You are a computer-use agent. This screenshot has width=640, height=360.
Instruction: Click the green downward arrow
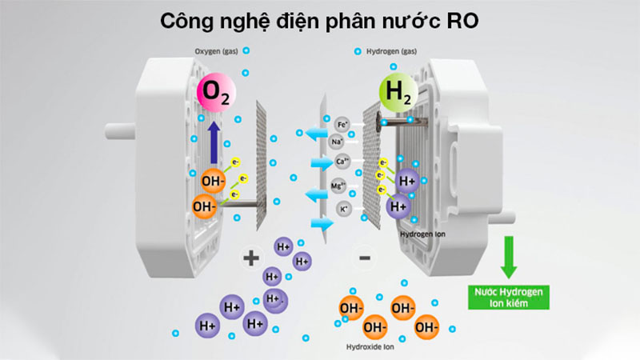(507, 257)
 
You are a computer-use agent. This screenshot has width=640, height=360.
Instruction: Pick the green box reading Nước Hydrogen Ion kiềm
(507, 298)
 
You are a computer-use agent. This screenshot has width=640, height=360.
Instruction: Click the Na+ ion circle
(338, 142)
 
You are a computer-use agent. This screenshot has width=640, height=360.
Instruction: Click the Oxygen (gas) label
(215, 53)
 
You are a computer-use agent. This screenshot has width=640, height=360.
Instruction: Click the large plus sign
(251, 257)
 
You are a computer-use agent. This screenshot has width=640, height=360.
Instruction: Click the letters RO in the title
(465, 20)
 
